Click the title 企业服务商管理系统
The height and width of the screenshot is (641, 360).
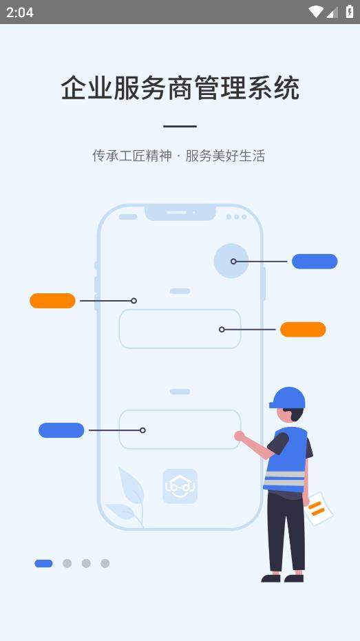(x=180, y=88)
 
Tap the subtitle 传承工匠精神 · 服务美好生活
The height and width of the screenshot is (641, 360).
(x=179, y=156)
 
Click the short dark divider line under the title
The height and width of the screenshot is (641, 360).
(x=180, y=127)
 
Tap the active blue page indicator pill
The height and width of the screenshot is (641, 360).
(x=43, y=563)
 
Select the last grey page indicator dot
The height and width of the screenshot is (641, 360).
(x=105, y=563)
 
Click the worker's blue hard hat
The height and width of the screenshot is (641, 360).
(x=288, y=397)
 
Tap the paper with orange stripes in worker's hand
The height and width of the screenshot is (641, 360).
(x=318, y=508)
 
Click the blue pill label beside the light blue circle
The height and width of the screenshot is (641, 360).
(x=315, y=262)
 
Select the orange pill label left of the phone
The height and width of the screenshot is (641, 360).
(x=52, y=301)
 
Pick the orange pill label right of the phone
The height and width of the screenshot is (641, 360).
(x=303, y=330)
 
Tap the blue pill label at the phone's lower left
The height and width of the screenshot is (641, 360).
(x=61, y=430)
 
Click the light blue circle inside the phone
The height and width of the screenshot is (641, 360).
(x=231, y=261)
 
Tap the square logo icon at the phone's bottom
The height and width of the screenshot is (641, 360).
(x=180, y=486)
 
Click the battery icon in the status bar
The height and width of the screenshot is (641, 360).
(x=350, y=12)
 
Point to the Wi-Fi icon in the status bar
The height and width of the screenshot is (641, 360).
(x=315, y=12)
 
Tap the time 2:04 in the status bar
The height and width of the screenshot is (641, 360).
(x=20, y=12)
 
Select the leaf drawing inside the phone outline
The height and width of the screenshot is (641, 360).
(x=127, y=496)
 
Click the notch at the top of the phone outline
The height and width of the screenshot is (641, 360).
(x=180, y=213)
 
